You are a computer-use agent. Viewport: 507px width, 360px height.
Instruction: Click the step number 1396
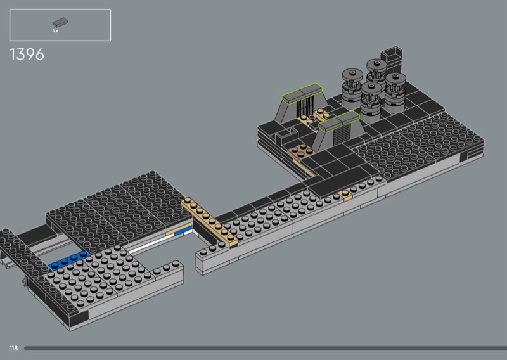point(27,55)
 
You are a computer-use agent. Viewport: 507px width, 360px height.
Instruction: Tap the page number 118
point(13,348)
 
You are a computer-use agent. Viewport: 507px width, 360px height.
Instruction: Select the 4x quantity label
point(55,30)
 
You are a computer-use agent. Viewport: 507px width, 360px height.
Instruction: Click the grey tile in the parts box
point(60,22)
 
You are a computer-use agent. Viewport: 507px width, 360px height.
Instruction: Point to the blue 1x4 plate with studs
point(69,260)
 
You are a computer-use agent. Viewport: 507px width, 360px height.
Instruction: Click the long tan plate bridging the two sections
point(209,221)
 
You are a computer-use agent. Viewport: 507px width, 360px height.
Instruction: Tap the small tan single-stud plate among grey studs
point(346,195)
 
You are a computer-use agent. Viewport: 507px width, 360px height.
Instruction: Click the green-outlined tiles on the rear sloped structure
point(303,93)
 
